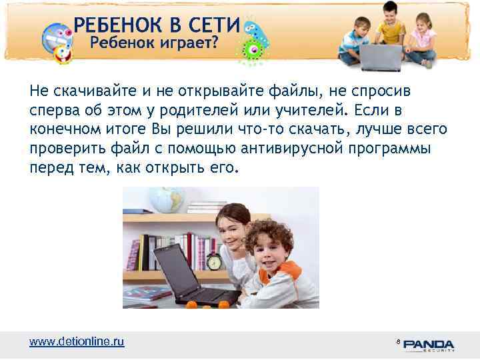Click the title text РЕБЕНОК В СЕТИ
pos(157,25)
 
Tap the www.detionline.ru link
pos(77,341)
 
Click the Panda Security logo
pos(429,345)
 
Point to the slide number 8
pos(397,341)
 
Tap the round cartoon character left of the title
pos(56,41)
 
